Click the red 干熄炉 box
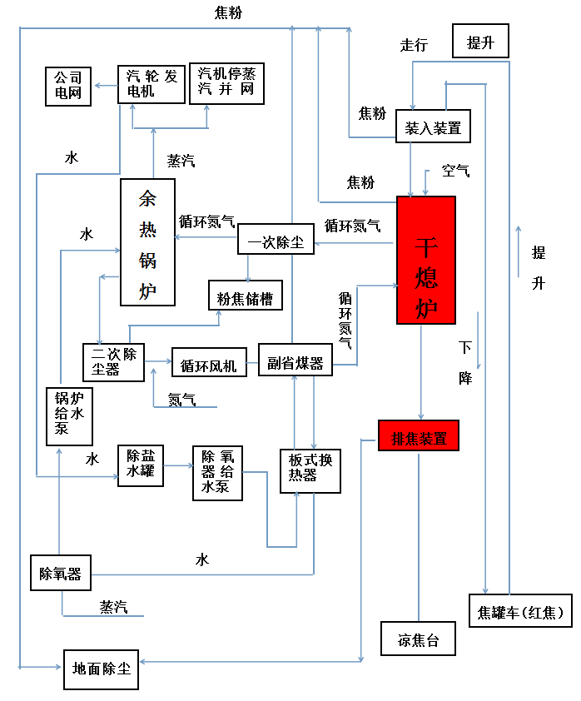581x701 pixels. [425, 259]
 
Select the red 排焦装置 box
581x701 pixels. [418, 435]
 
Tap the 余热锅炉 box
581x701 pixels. [147, 242]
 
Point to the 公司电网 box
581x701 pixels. [68, 86]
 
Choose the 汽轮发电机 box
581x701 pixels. [151, 84]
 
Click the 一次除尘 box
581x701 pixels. [276, 241]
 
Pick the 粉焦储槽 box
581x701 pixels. [245, 296]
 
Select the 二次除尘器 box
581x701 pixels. [112, 361]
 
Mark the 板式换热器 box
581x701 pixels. [310, 470]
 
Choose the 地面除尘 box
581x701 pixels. [101, 669]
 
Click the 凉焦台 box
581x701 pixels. [418, 639]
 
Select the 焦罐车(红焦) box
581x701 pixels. [521, 613]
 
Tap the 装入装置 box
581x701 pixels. [433, 127]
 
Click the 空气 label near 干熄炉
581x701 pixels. [455, 171]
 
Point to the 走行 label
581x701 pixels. [414, 45]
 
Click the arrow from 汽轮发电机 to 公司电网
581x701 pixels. [105, 85]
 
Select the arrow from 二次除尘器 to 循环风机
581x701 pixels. [158, 362]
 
